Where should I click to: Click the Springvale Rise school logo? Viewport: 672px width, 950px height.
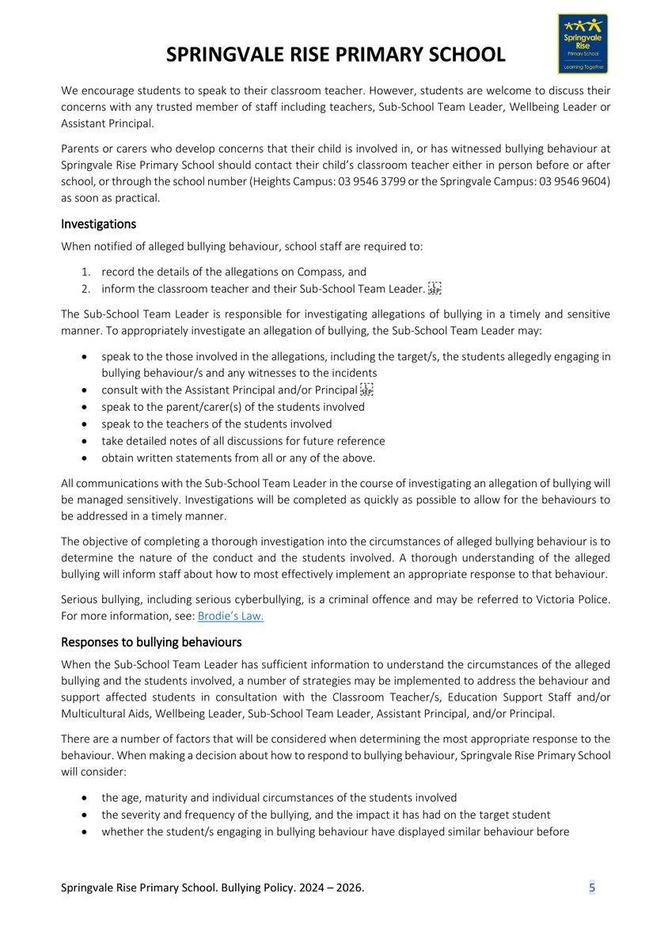click(x=583, y=44)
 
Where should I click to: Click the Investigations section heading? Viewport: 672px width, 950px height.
click(x=98, y=224)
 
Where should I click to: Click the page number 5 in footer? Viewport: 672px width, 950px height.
click(x=592, y=887)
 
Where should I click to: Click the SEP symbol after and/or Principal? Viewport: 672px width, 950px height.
click(x=366, y=389)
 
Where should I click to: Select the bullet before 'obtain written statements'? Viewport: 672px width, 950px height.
click(x=85, y=458)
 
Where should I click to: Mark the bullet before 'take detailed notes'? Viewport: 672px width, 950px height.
click(x=85, y=441)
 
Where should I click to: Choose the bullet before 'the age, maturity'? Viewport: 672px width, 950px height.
click(x=85, y=798)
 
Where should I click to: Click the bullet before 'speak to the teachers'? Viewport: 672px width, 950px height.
click(x=85, y=424)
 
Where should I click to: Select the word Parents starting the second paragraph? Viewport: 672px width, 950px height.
click(x=80, y=148)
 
